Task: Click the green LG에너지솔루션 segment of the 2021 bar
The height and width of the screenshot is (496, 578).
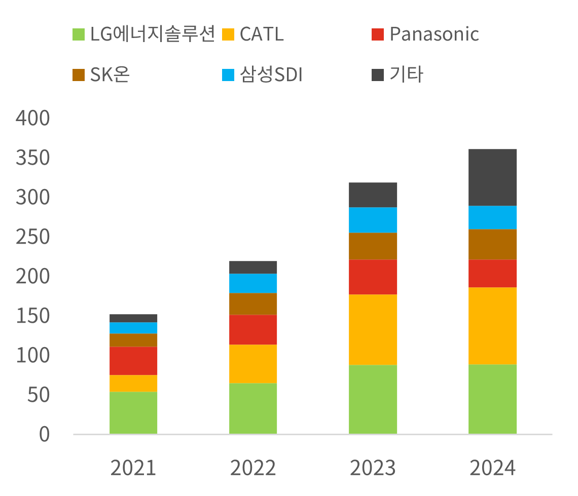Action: coord(133,412)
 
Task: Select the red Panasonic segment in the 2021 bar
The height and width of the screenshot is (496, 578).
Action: coord(133,361)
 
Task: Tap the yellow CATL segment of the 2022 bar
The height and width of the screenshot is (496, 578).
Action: coord(253,364)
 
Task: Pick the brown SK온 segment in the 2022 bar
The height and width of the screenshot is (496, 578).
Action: coord(253,304)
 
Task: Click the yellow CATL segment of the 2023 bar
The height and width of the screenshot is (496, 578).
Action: coord(373,329)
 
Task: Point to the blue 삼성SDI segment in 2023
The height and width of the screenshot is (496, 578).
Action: coord(373,220)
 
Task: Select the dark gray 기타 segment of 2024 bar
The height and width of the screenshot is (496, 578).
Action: coord(492,177)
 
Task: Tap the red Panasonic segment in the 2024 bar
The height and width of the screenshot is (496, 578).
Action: coord(492,274)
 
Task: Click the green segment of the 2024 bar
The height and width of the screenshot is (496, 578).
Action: coord(492,399)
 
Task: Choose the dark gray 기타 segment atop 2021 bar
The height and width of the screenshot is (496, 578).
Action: coord(133,318)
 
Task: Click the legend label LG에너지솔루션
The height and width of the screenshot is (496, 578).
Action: coord(153,34)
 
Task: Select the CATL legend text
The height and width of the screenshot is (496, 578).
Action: coord(262,34)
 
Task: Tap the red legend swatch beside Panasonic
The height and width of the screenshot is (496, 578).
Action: coord(378,34)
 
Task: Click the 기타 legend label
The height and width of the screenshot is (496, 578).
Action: coord(406,75)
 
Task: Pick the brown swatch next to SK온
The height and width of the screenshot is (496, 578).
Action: coord(79,75)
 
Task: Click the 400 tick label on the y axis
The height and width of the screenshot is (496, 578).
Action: coord(33,119)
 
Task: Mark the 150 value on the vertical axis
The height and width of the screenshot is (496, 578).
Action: coord(33,317)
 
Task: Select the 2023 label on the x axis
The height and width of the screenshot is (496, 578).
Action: coord(373,468)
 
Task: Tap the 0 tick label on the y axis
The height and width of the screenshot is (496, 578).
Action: coord(45,435)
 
